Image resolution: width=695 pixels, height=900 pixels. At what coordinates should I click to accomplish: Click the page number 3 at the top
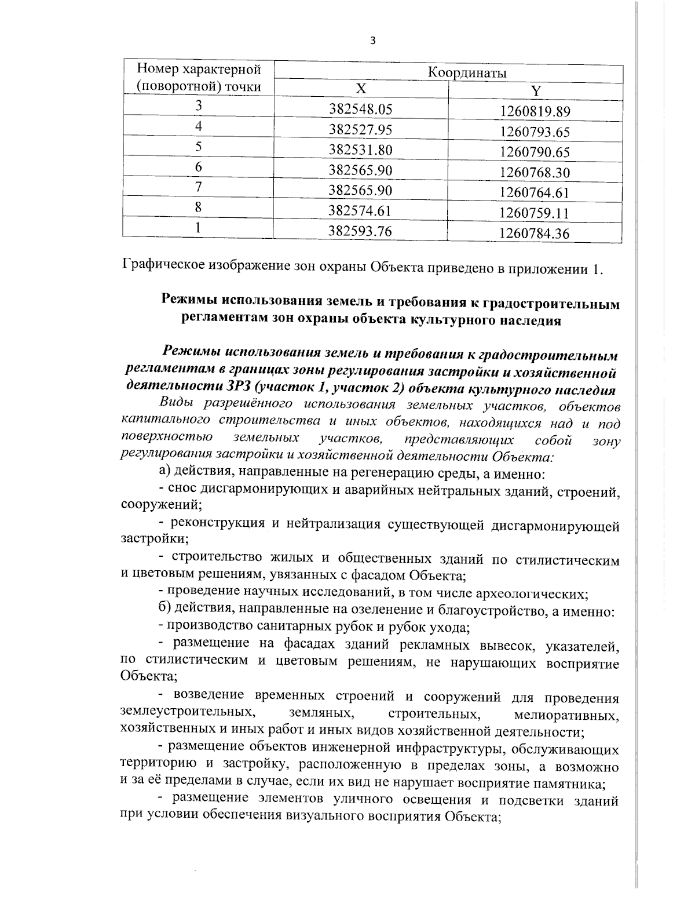373,40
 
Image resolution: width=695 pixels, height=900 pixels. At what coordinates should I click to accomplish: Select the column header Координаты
467,72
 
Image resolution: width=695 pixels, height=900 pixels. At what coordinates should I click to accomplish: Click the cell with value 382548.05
360,109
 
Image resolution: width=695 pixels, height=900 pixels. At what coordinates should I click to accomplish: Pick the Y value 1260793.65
535,132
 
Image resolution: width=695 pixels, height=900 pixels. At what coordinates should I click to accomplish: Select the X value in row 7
360,190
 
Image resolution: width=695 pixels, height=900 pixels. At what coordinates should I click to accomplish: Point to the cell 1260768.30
535,173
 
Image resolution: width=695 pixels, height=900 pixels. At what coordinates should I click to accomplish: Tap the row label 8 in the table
198,206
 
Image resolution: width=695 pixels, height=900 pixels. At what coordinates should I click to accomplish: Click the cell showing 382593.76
360,231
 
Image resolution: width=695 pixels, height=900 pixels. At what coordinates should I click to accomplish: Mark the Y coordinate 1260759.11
535,213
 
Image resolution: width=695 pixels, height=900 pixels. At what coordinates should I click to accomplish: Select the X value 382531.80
360,150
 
